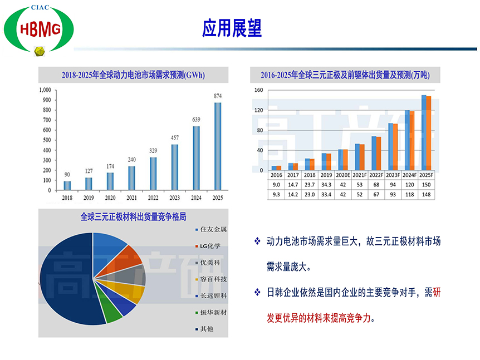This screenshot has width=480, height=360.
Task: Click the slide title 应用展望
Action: point(232,28)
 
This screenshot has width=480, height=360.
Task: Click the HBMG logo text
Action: point(41,29)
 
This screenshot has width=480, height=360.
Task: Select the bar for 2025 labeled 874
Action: point(218,146)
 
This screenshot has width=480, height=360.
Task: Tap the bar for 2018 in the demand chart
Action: point(67,186)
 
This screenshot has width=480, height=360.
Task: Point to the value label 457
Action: point(174,137)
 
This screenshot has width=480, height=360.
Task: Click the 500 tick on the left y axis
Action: point(47,140)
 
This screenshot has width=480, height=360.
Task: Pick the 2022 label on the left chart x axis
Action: point(153,198)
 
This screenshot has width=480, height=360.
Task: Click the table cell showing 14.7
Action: point(293,185)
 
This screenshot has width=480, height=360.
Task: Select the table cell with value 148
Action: point(426,195)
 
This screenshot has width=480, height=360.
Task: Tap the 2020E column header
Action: point(343,175)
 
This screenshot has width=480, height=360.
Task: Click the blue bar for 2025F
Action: point(424,132)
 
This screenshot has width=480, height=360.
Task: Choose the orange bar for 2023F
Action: point(395,147)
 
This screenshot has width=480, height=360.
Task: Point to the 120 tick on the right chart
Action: point(259,110)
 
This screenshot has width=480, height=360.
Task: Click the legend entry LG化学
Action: point(208,246)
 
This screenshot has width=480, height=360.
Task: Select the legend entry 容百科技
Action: point(211,279)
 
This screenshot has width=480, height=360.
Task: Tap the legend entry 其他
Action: point(204,329)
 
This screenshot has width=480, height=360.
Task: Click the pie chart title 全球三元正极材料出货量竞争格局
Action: point(133,217)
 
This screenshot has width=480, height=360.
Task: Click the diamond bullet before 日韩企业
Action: point(257,293)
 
